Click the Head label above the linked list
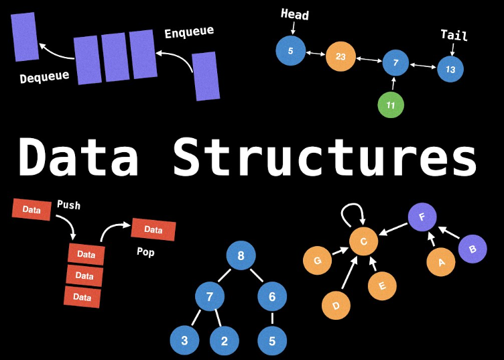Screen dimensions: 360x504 (x=294, y=13)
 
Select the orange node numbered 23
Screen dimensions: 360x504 (x=340, y=57)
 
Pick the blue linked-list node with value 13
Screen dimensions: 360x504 (x=450, y=69)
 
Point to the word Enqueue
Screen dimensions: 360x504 (x=189, y=32)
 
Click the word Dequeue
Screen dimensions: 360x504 (x=44, y=76)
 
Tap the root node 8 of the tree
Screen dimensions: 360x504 (x=241, y=255)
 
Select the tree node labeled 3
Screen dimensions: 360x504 (x=184, y=341)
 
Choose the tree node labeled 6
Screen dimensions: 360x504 (x=272, y=296)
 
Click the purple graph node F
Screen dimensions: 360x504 (x=422, y=217)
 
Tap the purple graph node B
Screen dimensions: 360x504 (x=472, y=249)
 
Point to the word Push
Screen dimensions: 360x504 (x=68, y=204)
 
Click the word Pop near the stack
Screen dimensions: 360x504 (x=145, y=253)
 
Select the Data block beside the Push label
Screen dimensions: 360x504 (x=31, y=210)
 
